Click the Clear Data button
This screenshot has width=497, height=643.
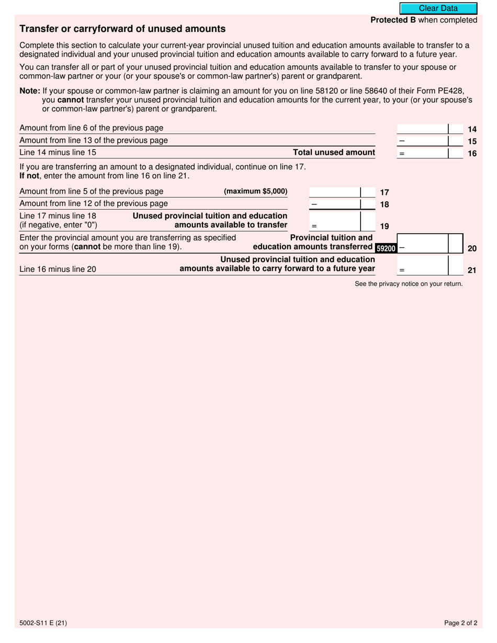(x=438, y=8)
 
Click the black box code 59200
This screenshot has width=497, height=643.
(x=386, y=248)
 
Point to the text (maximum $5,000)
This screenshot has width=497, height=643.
(x=255, y=191)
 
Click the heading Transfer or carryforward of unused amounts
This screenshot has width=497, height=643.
(x=122, y=29)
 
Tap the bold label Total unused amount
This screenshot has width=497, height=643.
(x=334, y=153)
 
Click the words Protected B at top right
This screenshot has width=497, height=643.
(x=393, y=20)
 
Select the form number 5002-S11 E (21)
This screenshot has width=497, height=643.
(x=43, y=623)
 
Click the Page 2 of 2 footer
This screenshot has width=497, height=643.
(x=460, y=623)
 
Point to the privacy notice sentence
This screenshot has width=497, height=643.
(x=408, y=284)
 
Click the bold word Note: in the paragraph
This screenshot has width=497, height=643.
(x=30, y=90)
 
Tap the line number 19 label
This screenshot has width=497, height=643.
(x=384, y=226)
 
